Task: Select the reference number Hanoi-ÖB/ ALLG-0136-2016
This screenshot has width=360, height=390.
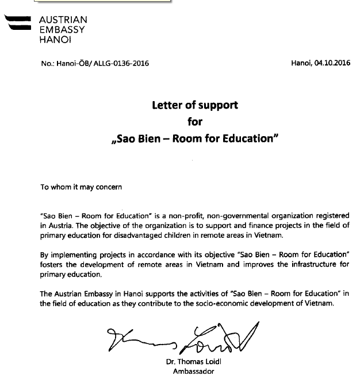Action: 95,64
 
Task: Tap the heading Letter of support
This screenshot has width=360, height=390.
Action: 194,105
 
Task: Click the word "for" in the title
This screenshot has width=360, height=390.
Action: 196,122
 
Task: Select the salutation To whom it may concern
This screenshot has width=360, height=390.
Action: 81,187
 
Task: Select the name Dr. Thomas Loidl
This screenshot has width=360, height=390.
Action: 190,362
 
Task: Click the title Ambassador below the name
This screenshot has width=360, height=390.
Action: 190,372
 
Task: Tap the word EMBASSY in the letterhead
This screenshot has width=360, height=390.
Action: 62,30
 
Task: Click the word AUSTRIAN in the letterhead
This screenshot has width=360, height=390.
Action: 63,20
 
